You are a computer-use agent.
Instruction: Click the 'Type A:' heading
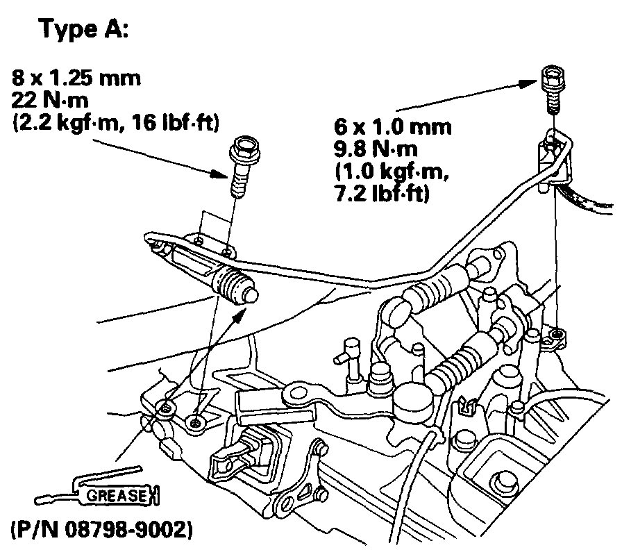(x=83, y=31)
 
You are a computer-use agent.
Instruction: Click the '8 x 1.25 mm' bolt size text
(x=76, y=78)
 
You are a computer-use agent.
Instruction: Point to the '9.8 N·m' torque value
(x=379, y=149)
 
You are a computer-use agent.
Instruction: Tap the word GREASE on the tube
(x=115, y=496)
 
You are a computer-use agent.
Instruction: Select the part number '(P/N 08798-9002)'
(x=100, y=531)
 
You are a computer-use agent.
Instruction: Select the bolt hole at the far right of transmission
(x=555, y=336)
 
